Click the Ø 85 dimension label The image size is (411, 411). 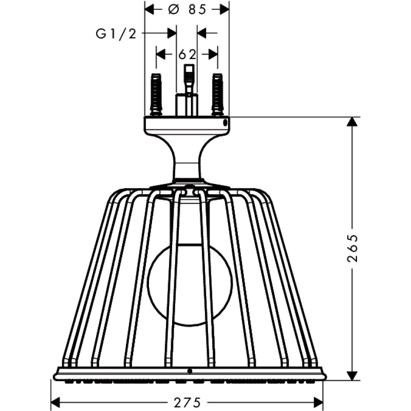tap(187, 10)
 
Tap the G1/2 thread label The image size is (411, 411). tap(117, 33)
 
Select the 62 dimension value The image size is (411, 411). tap(187, 54)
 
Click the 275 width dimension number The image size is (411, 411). tap(188, 403)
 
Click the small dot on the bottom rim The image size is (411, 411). tap(190, 371)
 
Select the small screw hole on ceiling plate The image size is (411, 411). tap(225, 122)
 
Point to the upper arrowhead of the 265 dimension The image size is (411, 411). tap(352, 122)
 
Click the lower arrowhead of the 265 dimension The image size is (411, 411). tap(352, 375)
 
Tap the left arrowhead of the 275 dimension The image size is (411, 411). tap(55, 403)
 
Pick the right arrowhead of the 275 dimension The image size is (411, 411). tap(318, 403)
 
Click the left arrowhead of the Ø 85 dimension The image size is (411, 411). tap(150, 10)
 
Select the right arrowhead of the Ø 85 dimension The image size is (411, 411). tap(224, 10)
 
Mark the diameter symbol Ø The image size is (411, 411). tap(173, 10)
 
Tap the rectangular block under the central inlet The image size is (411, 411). tap(186, 104)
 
